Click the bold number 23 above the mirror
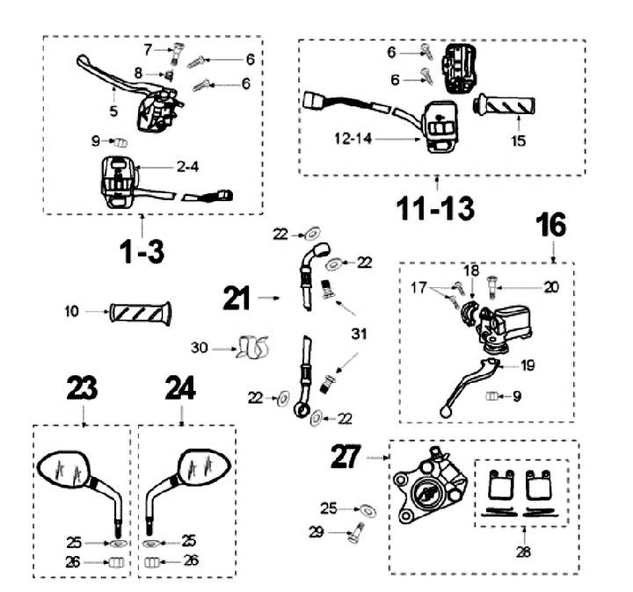(81, 389)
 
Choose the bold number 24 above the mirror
(181, 389)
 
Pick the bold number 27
(348, 457)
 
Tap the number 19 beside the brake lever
(526, 365)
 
